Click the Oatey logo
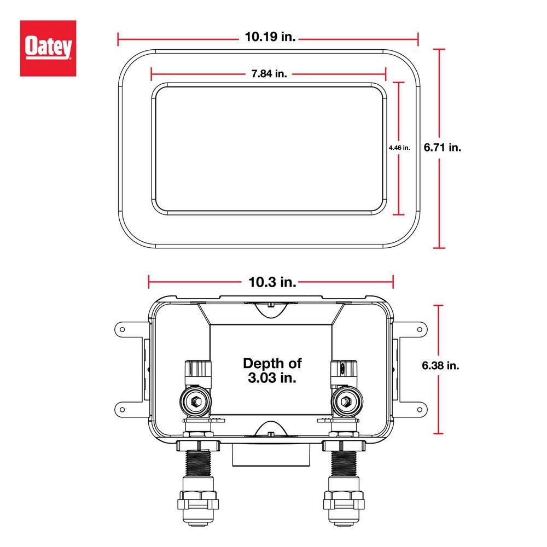click(48, 48)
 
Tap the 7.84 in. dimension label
click(269, 74)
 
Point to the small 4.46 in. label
click(399, 148)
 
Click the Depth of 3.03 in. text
click(272, 370)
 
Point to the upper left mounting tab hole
click(123, 330)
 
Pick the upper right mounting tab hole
click(420, 330)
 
